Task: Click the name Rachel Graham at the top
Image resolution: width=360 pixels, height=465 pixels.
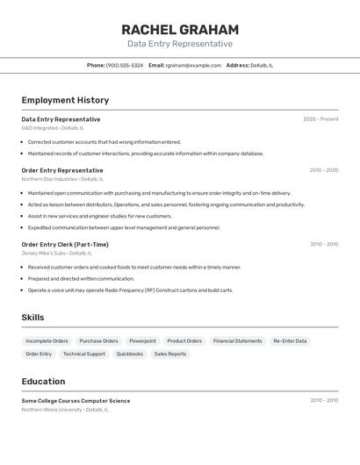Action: [x=180, y=30]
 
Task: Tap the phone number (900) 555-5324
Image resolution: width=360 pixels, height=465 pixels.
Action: [x=125, y=65]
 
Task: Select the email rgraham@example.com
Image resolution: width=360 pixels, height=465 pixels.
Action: [x=193, y=65]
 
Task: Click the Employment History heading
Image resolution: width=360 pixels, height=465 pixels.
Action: [x=65, y=100]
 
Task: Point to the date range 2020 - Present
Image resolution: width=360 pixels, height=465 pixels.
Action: [x=320, y=119]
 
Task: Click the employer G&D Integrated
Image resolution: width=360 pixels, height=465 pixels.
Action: [x=40, y=128]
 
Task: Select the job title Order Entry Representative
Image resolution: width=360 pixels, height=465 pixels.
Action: [x=62, y=170]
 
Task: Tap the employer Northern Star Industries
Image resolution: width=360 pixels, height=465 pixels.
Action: [x=49, y=179]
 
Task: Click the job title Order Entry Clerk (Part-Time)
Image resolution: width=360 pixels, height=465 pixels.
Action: [x=65, y=245]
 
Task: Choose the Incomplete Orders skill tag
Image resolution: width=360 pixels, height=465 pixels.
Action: [x=47, y=340]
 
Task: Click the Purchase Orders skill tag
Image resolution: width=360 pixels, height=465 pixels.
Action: [x=98, y=340]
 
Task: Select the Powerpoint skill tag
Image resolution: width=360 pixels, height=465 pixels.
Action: [x=142, y=340]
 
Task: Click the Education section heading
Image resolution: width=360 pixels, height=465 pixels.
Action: [x=43, y=382]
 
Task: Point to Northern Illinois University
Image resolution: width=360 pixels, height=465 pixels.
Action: [x=52, y=409]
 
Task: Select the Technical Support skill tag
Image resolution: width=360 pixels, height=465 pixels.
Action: [x=84, y=354]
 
